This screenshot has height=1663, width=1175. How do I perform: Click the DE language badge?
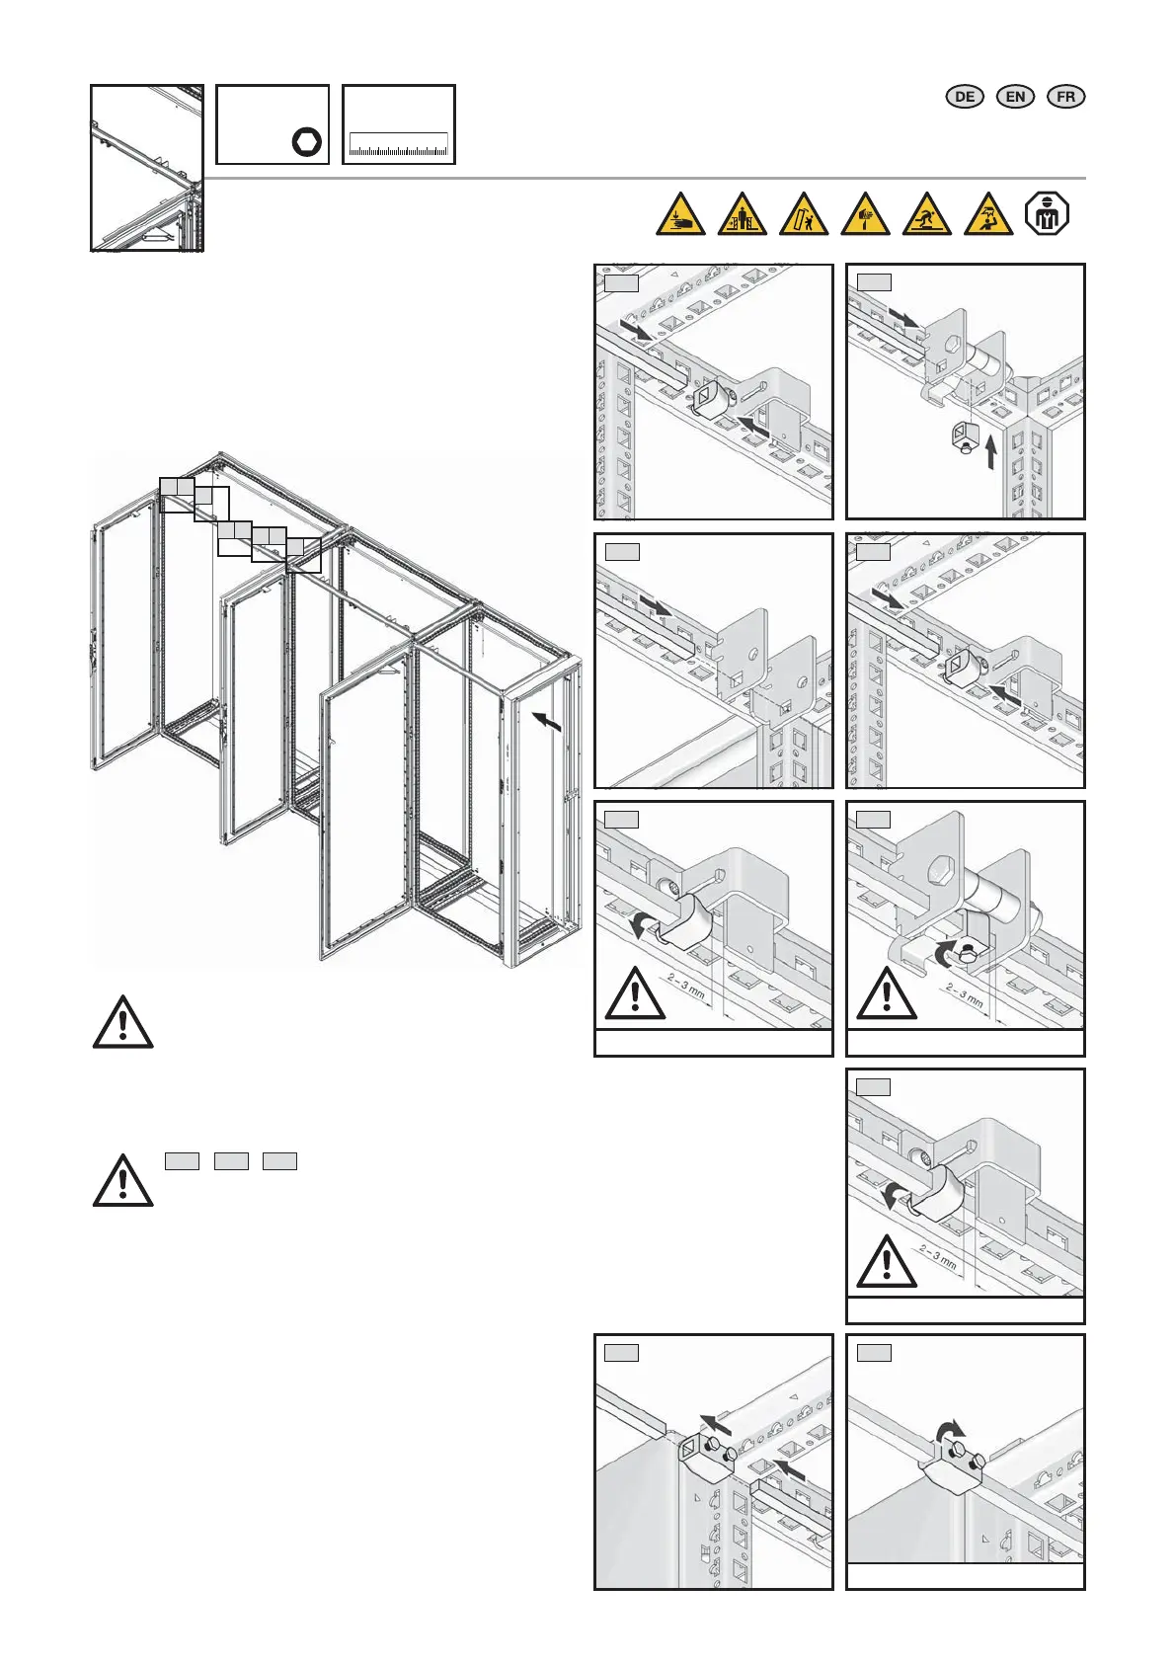pyautogui.click(x=965, y=97)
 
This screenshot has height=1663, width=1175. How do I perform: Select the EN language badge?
pyautogui.click(x=1015, y=97)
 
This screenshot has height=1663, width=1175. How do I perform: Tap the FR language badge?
pyautogui.click(x=1065, y=97)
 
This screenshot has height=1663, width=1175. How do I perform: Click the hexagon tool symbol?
pyautogui.click(x=307, y=142)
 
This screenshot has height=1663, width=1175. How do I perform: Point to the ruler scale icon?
pyautogui.click(x=399, y=145)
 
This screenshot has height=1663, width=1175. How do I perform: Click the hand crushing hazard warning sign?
pyautogui.click(x=680, y=214)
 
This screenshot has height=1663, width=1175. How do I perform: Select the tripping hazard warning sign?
pyautogui.click(x=927, y=214)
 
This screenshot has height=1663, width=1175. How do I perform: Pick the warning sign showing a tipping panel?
pyautogui.click(x=804, y=214)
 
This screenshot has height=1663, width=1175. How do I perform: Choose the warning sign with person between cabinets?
pyautogui.click(x=742, y=214)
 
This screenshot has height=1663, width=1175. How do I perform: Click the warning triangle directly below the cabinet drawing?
pyautogui.click(x=122, y=1022)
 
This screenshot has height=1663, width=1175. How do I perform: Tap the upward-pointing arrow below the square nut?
pyautogui.click(x=991, y=451)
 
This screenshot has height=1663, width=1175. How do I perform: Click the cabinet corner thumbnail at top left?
pyautogui.click(x=147, y=168)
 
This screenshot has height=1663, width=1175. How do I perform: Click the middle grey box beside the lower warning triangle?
pyautogui.click(x=231, y=1161)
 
